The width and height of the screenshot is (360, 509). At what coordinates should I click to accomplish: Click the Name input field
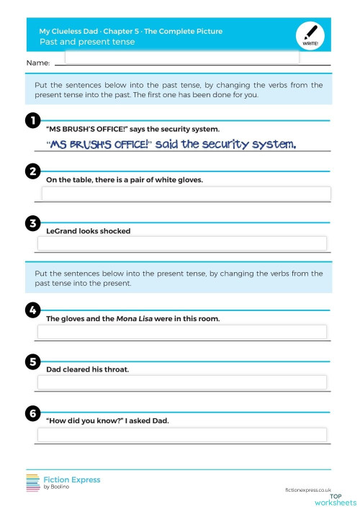tap(181, 58)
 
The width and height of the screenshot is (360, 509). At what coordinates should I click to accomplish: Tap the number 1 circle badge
tap(32, 120)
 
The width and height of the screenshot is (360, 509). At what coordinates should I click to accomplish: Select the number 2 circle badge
tap(32, 171)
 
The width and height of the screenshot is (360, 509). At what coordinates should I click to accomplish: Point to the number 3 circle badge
tap(32, 223)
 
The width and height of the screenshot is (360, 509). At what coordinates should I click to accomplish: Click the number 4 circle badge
tap(32, 310)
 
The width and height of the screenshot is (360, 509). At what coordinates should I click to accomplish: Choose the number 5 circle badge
tap(32, 361)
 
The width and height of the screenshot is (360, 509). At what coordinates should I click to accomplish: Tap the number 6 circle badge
tap(32, 413)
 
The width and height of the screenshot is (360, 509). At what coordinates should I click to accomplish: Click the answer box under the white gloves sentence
tap(186, 194)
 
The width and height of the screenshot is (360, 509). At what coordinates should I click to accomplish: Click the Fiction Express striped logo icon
tap(33, 483)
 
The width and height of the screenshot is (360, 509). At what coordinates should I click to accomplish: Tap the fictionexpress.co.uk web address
tap(312, 489)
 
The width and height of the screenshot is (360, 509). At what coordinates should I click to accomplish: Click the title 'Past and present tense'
tap(87, 42)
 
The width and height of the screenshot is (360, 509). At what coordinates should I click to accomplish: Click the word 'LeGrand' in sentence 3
tap(61, 231)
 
